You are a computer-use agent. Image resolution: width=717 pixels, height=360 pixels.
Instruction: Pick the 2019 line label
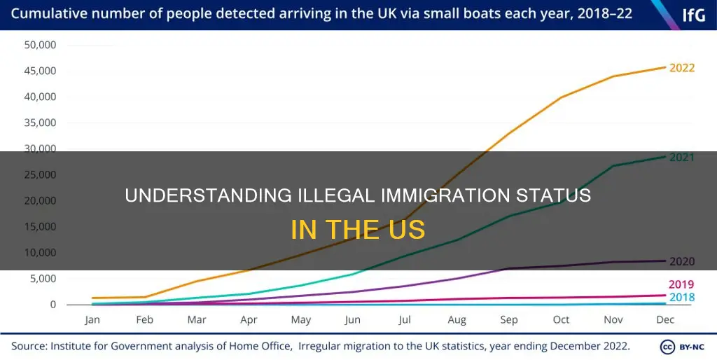(681, 284)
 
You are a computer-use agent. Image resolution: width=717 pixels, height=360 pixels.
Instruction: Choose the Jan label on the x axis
(92, 320)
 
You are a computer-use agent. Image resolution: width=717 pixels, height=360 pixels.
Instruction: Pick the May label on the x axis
(300, 320)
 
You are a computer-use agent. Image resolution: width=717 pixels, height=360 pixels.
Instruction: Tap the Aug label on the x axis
(457, 320)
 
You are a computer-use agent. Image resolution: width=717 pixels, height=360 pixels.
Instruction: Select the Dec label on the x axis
(664, 320)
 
